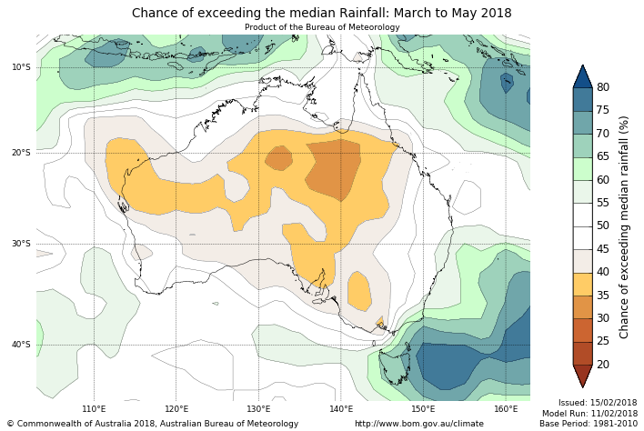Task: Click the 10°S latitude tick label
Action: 21,67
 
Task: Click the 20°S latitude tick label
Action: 21,153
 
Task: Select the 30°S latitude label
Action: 21,244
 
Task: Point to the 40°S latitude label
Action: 21,345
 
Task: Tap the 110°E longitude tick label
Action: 94,409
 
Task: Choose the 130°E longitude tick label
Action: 258,409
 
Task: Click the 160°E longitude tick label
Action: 506,409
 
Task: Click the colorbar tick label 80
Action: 603,87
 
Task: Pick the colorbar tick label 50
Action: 603,226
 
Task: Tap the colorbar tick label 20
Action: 603,365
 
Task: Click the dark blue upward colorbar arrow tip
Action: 583,71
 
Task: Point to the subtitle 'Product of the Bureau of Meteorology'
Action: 322,27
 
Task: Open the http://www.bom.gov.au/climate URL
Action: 418,424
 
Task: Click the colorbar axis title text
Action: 624,226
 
